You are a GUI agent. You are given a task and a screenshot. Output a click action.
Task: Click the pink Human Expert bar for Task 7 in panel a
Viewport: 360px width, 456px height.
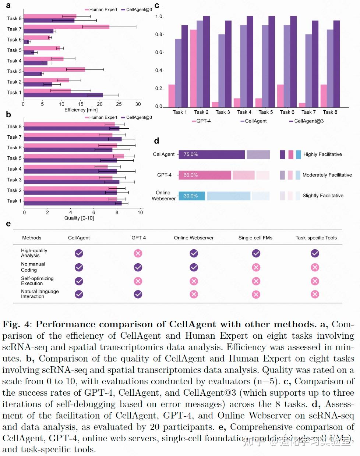[66, 27]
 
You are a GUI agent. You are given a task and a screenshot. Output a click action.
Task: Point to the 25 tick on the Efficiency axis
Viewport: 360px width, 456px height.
[119, 104]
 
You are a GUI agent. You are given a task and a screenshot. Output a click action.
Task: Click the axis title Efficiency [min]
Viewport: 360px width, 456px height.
[81, 110]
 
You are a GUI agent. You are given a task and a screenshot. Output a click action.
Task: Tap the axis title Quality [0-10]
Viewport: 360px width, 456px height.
[79, 218]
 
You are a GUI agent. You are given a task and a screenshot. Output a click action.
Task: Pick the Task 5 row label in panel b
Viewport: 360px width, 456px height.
[14, 158]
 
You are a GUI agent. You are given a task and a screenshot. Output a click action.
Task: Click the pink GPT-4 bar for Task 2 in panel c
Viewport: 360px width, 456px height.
[193, 68]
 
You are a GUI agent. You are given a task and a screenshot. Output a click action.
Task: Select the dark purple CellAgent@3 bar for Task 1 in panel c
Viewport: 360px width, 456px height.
[185, 66]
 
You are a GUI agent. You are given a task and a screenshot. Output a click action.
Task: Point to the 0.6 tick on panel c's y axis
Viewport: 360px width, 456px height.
[159, 53]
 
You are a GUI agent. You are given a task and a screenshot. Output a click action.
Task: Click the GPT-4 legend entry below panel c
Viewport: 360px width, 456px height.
[201, 121]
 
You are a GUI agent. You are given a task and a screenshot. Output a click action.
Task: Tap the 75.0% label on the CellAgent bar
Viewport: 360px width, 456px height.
[191, 154]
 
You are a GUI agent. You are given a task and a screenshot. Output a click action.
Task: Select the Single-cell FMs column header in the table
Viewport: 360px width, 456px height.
[255, 238]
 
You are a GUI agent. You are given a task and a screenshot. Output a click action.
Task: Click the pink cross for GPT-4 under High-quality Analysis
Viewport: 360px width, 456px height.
[138, 253]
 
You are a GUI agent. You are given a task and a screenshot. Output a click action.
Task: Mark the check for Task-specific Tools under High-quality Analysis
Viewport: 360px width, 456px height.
[315, 253]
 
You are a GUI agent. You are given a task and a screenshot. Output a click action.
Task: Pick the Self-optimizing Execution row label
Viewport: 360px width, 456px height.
[37, 281]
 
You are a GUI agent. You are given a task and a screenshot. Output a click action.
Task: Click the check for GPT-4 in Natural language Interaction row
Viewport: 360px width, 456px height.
[138, 294]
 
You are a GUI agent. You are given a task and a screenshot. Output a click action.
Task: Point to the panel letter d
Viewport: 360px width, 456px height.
[156, 141]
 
